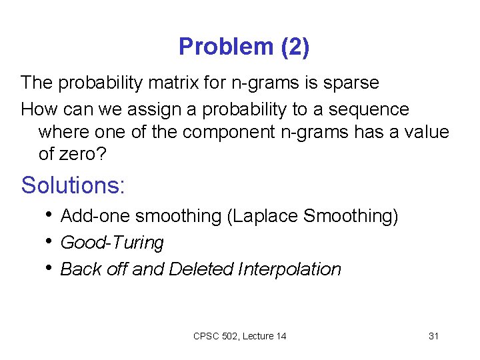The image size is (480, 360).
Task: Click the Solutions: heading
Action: coord(73,185)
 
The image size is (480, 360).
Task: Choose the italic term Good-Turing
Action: coord(112,243)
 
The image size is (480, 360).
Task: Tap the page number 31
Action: coord(433,336)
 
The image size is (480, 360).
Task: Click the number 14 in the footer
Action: coord(281,336)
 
